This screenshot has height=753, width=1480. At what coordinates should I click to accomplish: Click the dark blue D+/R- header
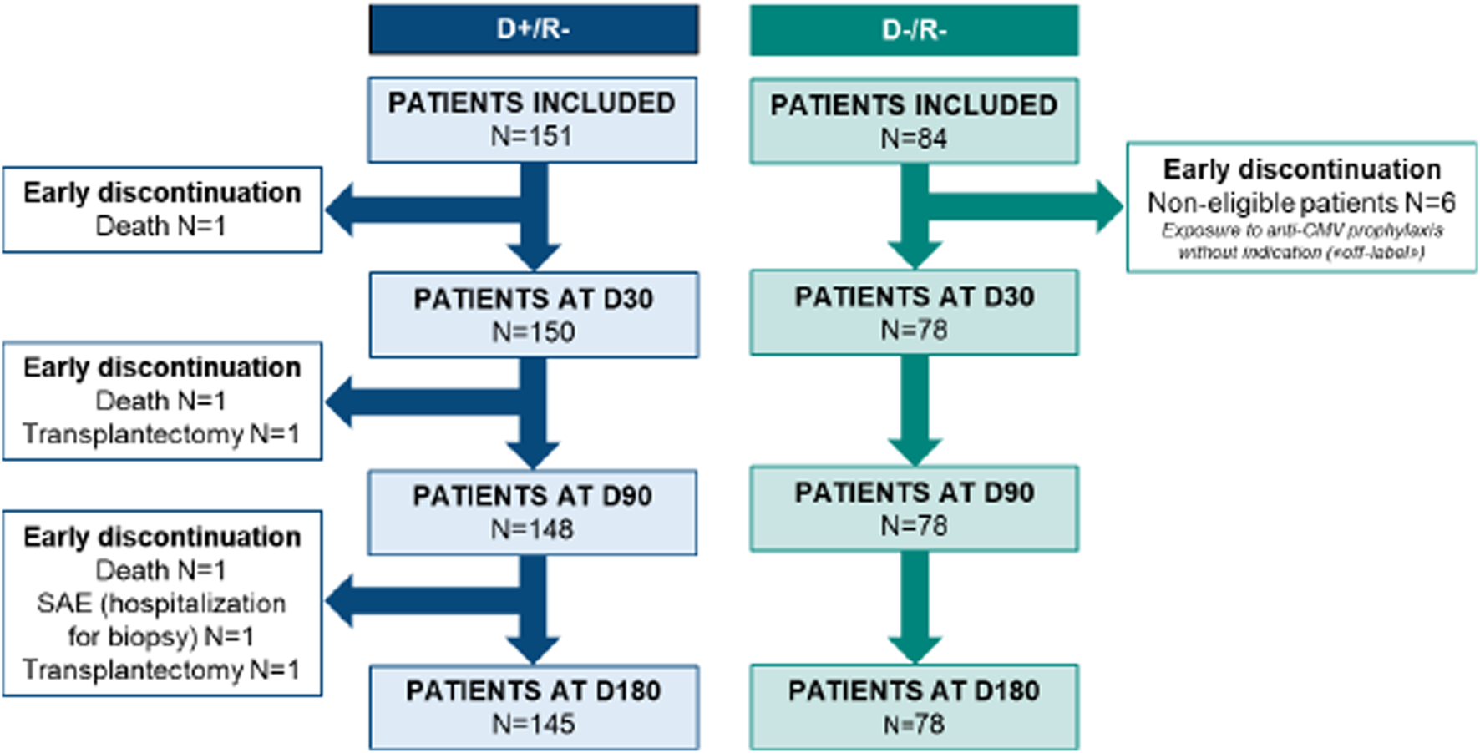click(x=533, y=29)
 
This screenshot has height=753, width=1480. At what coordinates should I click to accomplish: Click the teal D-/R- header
click(x=914, y=30)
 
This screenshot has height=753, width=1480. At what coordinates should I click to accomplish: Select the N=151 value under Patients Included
click(x=531, y=136)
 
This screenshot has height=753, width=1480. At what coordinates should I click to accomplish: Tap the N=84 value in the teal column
click(x=914, y=139)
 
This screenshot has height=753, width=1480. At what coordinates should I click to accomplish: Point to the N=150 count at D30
click(x=533, y=332)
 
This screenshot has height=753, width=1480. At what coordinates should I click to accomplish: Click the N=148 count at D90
click(x=532, y=528)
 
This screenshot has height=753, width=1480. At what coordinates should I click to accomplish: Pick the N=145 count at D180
click(x=533, y=724)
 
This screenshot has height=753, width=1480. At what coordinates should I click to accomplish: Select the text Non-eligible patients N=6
click(x=1301, y=203)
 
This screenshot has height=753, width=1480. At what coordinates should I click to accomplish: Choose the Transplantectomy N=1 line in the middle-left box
click(x=161, y=434)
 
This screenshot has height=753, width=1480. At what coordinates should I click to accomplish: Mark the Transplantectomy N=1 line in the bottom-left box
click(x=161, y=670)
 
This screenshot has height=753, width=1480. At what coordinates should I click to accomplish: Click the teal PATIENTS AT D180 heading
click(x=914, y=691)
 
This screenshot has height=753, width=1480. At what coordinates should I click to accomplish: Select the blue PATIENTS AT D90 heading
click(x=532, y=496)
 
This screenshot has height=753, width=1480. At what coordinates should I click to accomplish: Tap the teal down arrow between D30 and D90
click(x=915, y=409)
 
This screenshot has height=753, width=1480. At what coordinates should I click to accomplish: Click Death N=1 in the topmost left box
click(x=161, y=226)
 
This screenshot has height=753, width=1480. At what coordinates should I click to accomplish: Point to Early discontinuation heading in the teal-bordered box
click(x=1301, y=169)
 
